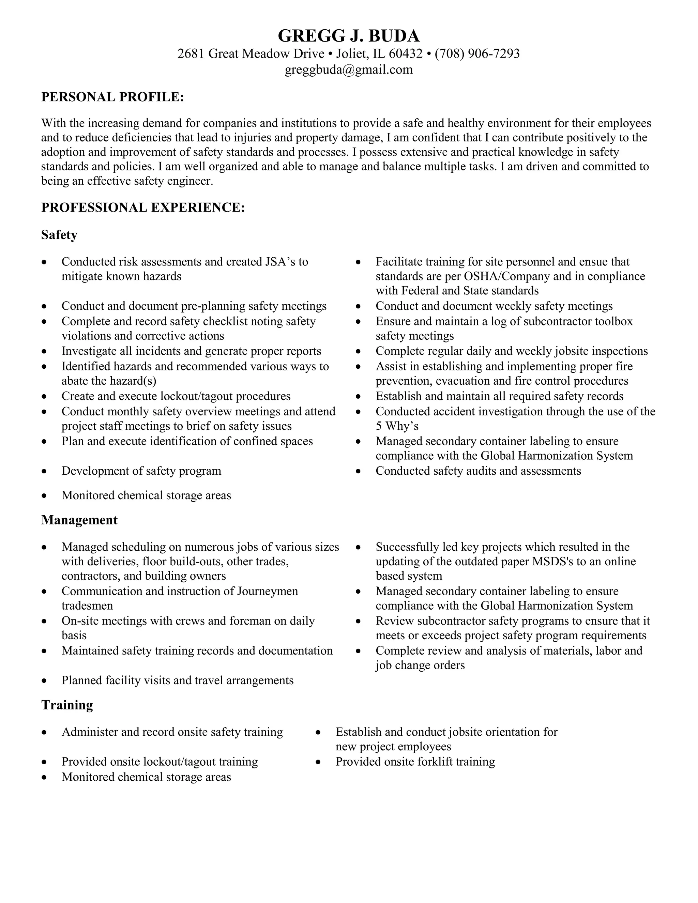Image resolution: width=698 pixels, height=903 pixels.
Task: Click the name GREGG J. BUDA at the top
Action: click(349, 36)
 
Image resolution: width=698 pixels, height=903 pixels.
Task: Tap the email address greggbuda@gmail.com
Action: click(349, 70)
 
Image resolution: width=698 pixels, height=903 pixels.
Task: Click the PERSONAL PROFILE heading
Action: click(112, 97)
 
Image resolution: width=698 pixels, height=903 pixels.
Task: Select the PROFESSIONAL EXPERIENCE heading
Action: click(143, 207)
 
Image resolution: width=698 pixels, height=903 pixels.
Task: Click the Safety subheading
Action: click(59, 235)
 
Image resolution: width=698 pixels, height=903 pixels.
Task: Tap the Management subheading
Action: click(79, 520)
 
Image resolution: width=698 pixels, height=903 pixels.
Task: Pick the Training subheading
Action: click(67, 705)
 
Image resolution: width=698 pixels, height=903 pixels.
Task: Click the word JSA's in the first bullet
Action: click(279, 262)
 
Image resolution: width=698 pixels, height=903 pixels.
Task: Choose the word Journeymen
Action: click(268, 591)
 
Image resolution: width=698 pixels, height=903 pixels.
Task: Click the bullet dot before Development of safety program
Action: click(44, 471)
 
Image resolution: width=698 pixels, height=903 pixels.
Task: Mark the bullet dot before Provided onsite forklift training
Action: click(318, 762)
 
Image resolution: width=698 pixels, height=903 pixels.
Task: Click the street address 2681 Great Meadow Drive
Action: click(251, 54)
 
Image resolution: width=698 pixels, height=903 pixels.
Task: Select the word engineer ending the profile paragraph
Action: click(190, 181)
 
